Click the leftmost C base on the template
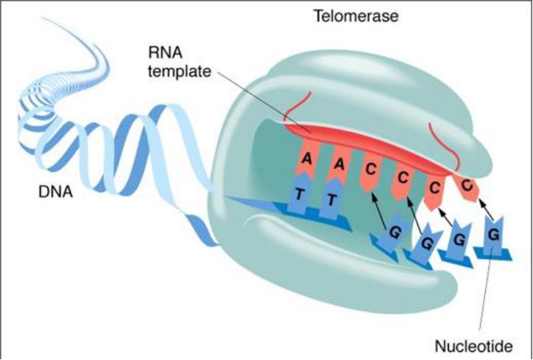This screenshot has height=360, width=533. point(371,169)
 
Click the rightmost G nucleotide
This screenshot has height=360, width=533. point(492,235)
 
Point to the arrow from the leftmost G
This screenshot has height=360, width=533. point(380,208)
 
